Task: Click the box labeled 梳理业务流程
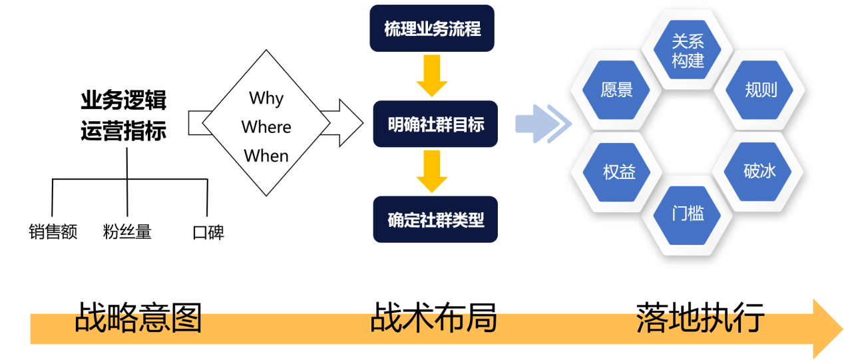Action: (432, 29)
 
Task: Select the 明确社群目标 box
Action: (435, 124)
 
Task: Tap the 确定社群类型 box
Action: (435, 219)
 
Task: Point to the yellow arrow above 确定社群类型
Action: (432, 172)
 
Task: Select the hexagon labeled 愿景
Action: (616, 90)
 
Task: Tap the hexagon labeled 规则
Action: (760, 90)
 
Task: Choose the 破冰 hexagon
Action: (759, 171)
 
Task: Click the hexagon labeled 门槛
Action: (688, 214)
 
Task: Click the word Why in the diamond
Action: (266, 98)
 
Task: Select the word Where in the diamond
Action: (266, 127)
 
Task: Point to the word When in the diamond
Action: (266, 156)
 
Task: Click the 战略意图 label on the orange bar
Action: (138, 322)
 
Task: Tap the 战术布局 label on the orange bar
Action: (434, 322)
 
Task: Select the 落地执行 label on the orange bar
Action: (698, 322)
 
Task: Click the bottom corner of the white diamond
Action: (266, 193)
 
